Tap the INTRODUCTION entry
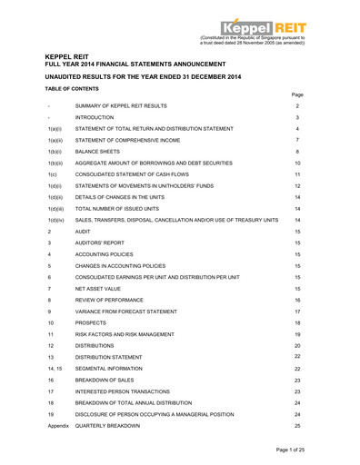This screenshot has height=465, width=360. [95, 118]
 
